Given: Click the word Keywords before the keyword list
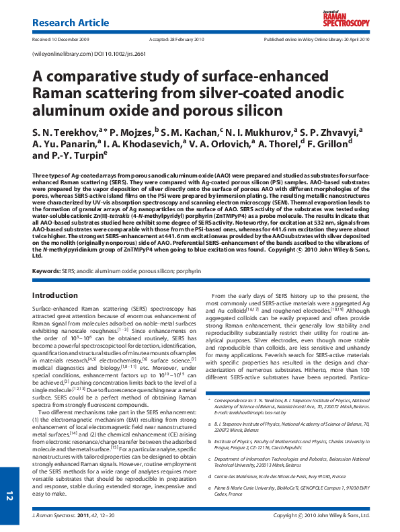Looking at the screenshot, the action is (x=46, y=290).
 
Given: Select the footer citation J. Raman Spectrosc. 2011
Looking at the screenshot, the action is (x=65, y=516).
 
